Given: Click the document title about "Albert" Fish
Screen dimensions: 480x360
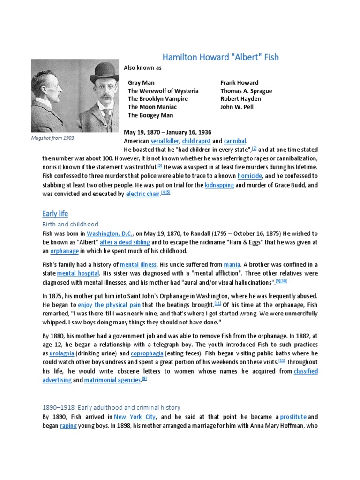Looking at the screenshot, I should pos(220,57).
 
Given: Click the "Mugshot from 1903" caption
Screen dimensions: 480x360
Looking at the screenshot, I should pos(53,138).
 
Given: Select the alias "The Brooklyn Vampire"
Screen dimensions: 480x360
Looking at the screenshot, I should pos(158,99).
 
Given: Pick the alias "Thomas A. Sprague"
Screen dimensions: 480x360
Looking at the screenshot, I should pos(246,91).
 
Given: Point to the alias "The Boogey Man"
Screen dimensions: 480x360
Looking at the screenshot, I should pos(150,115).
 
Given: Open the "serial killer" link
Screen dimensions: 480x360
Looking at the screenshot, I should pos(164,141).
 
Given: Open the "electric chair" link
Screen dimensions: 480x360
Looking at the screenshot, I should pos(143,194).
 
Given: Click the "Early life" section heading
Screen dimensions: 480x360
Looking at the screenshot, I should pos(55,214).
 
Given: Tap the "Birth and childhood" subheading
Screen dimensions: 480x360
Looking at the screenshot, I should pos(70,225).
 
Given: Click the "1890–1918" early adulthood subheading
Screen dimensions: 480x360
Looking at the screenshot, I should pos(111,408).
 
